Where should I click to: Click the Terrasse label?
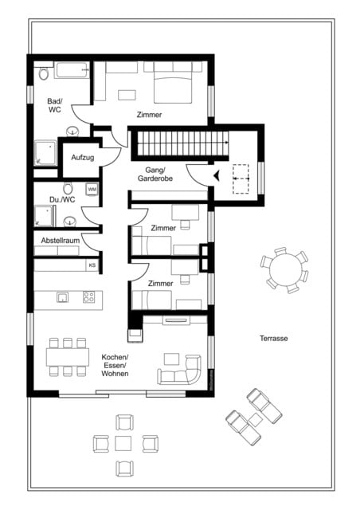(273, 338)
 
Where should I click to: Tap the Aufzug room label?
(82, 158)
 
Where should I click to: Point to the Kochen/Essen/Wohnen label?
(115, 364)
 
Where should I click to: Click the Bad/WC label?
(54, 105)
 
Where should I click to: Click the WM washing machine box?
(92, 190)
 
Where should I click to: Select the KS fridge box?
(92, 265)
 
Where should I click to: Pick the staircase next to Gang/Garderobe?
(180, 145)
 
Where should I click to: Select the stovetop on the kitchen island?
(88, 298)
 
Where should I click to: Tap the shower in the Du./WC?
(44, 217)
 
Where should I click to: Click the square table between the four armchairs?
(124, 442)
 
